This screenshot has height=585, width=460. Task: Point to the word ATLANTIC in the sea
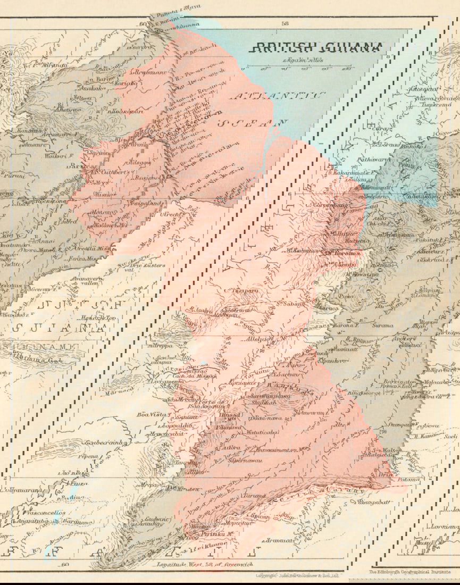[x=277, y=96]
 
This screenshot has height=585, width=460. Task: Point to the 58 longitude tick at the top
[x=285, y=23]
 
